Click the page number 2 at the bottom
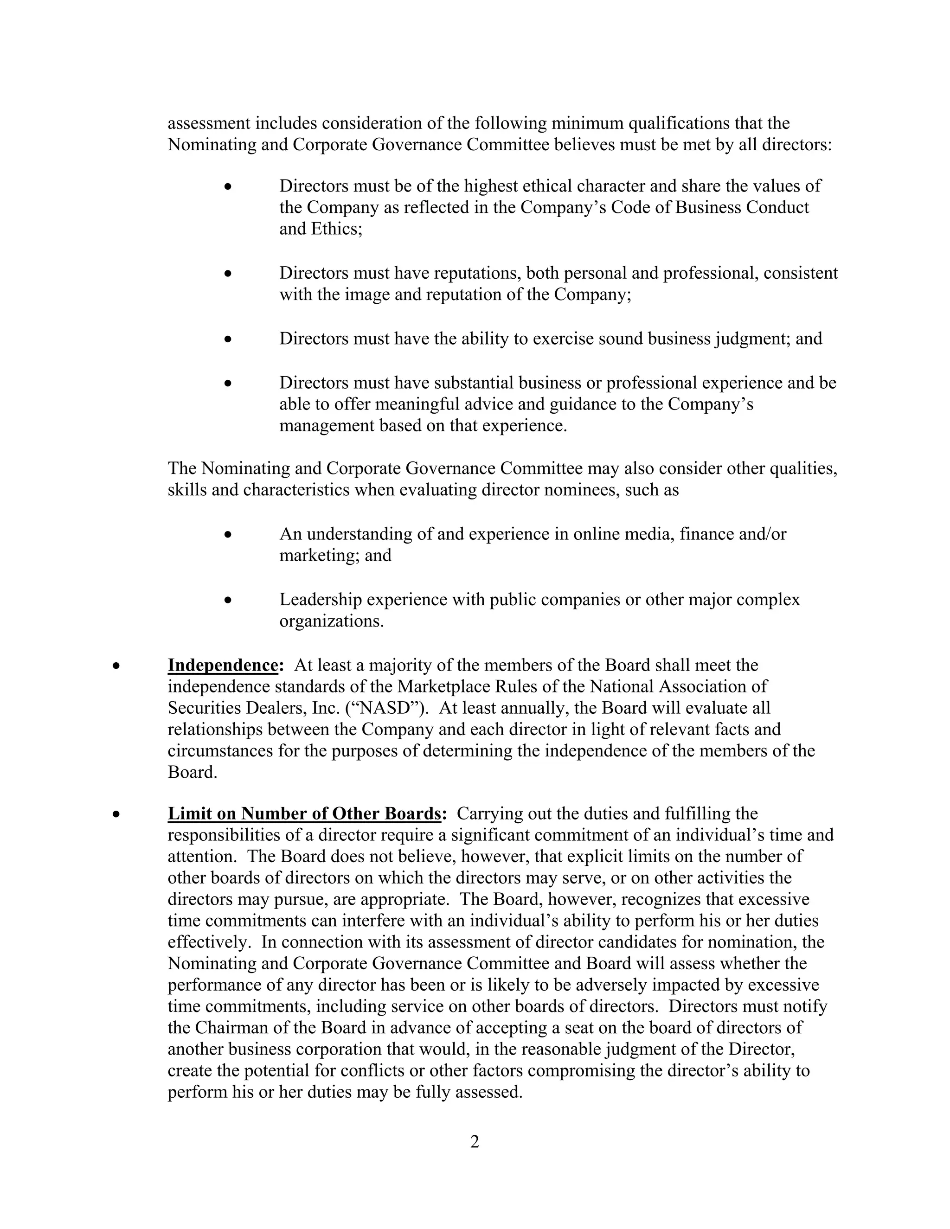pyautogui.click(x=475, y=1142)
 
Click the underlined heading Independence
pyautogui.click(x=223, y=665)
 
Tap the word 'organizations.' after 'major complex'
pyautogui.click(x=332, y=621)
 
